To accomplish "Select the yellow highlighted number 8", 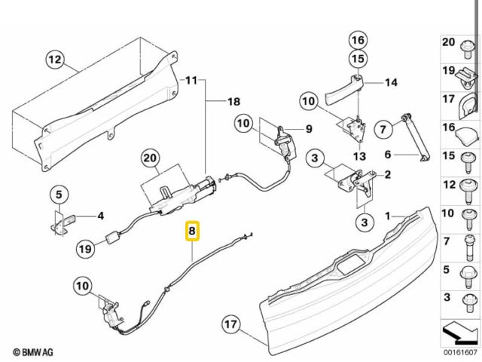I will [x=193, y=232].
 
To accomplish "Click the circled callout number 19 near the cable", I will [x=85, y=247].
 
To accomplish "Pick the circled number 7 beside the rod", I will [x=382, y=130].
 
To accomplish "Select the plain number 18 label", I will [x=234, y=101].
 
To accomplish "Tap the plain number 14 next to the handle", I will [x=391, y=82].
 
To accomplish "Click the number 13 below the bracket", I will [x=359, y=157].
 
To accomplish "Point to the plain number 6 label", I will [x=389, y=155].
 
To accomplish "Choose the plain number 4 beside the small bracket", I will [x=100, y=216].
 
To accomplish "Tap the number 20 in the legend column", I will [x=448, y=43].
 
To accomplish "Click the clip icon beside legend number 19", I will [x=466, y=74].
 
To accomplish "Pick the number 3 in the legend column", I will [x=448, y=297].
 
